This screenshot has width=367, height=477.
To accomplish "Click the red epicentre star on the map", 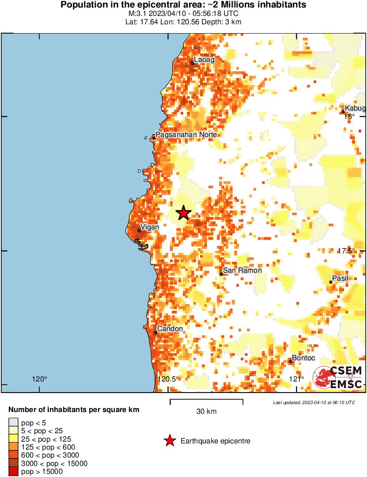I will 183,213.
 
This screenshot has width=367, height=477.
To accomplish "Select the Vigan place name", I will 149,226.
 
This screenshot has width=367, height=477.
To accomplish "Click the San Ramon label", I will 242,270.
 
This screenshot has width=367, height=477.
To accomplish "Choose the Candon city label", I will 170,329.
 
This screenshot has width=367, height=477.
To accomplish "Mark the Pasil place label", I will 340,278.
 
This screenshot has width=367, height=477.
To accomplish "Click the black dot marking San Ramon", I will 221,274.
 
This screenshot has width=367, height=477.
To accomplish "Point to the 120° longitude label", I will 40,379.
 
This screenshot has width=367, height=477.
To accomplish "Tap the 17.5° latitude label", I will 346,251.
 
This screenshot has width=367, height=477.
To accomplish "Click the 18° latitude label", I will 349,117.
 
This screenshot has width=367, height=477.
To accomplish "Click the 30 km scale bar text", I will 206,412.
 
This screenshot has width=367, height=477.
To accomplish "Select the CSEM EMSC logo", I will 338,378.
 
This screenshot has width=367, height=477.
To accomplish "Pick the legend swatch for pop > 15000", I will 13,472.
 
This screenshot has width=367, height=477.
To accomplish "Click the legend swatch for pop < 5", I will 13,423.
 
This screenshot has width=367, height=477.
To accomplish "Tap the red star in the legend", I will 169,441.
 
